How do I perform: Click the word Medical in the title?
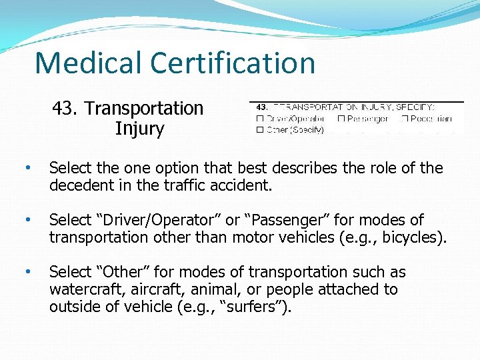point(89,63)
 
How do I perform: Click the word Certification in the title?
point(233,63)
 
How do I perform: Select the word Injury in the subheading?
point(139,128)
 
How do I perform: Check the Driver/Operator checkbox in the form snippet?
point(260,119)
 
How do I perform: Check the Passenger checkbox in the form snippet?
point(341,119)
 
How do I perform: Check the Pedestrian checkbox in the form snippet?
point(404,119)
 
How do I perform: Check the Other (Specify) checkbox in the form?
point(260,129)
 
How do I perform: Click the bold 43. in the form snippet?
point(261,107)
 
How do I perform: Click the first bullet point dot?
point(27,168)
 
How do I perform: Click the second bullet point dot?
point(27,220)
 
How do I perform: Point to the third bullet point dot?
point(27,272)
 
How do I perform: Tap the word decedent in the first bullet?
point(79,185)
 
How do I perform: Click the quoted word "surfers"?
point(259,307)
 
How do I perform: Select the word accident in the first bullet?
point(243,185)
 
